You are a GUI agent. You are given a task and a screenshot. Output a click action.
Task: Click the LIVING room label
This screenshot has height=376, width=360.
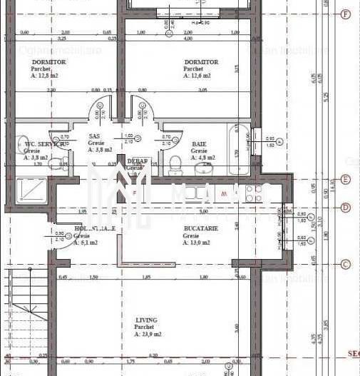click(147, 320)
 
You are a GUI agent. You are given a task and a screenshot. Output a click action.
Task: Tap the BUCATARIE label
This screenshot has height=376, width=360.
click(200, 228)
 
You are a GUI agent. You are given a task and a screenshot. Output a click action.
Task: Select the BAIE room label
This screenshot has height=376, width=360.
click(199, 144)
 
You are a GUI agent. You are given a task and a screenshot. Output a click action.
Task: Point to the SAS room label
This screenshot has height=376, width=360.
click(94, 136)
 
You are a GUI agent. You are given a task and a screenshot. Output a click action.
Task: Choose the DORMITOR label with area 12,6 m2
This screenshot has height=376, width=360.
click(201, 62)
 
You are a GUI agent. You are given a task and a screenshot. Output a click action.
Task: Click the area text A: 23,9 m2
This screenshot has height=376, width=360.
click(148, 334)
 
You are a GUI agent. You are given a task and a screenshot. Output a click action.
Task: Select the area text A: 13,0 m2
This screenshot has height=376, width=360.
click(197, 243)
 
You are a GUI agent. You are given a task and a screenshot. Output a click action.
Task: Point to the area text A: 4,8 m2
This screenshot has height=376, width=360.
click(200, 158)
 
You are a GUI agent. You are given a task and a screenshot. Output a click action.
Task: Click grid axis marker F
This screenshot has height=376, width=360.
click(346, 14)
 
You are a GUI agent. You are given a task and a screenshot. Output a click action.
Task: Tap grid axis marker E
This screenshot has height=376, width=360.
click(346, 180)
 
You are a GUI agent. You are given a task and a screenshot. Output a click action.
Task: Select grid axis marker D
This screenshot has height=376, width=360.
click(346, 208)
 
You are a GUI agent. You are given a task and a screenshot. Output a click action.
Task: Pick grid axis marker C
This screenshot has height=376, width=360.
click(346, 264)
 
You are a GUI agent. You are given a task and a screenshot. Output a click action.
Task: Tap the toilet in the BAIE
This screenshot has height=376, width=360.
click(174, 163)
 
